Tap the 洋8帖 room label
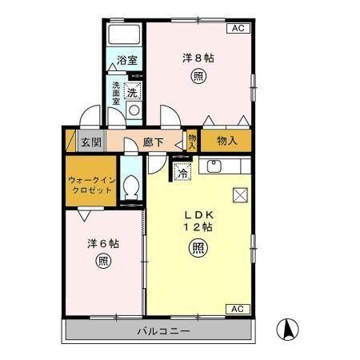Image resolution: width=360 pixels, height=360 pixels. click(197, 58)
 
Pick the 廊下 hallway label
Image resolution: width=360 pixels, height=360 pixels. click(154, 142)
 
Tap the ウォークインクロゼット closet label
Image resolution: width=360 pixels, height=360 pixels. click(90, 186)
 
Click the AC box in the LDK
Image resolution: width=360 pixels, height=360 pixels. click(238, 309)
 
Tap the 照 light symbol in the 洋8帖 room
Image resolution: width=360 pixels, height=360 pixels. click(197, 77)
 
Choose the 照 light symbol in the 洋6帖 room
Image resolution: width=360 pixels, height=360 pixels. click(103, 261)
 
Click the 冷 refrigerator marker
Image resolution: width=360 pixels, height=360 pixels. click(183, 171)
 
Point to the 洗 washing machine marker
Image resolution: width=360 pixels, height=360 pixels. click(134, 90)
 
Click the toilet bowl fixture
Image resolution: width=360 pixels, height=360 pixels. click(133, 190)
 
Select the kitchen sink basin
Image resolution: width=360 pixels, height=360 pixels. click(214, 166)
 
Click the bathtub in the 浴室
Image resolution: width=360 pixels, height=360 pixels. click(123, 36)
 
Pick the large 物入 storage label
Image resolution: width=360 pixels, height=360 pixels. click(227, 142)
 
